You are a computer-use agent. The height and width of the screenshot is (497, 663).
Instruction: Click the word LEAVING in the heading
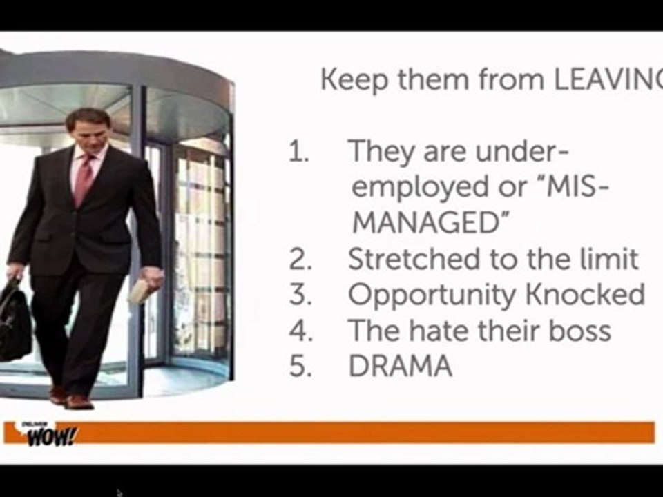point(608,81)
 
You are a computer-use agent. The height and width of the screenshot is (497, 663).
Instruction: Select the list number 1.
point(299,151)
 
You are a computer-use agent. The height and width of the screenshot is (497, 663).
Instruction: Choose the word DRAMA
point(401,367)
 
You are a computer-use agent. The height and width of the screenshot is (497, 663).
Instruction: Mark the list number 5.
point(300,367)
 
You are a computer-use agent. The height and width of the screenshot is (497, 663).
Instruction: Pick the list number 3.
point(300,295)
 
